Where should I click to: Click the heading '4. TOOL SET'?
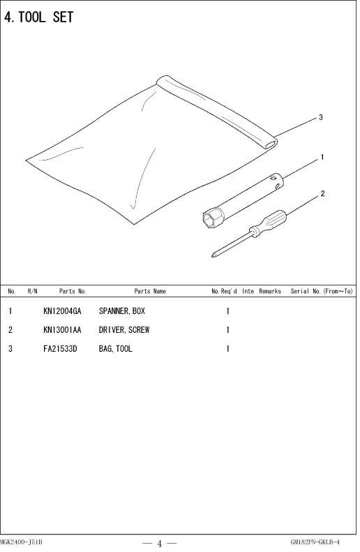38,17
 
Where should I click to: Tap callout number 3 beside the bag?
321,117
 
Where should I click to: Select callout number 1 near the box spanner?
322,157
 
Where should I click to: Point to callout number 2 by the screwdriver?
322,193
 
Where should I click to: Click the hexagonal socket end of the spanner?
213,218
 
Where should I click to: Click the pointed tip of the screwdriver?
213,255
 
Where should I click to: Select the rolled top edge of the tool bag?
217,111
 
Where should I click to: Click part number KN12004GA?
62,311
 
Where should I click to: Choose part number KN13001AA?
62,330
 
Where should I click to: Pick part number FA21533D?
60,349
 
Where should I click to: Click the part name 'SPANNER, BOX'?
122,311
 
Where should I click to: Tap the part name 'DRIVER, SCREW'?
124,330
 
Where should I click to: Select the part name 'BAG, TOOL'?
115,349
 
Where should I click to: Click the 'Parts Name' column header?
150,291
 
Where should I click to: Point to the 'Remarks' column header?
270,291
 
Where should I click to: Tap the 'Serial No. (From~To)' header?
322,291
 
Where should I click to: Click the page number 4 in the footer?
159,544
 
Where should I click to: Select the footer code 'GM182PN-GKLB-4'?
315,542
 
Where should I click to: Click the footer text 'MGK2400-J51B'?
21,542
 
